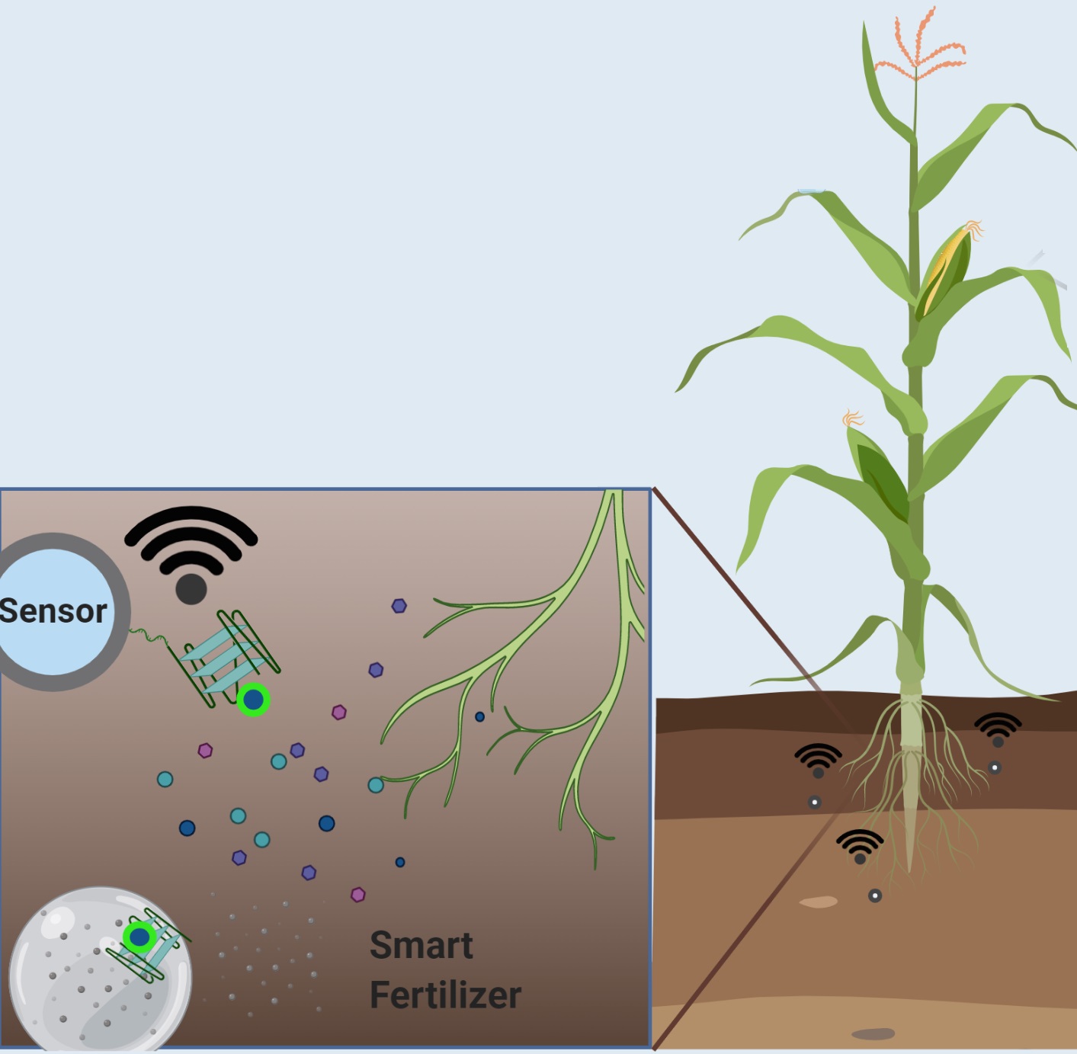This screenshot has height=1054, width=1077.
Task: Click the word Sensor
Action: tap(53, 611)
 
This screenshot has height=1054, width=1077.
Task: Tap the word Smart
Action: tap(422, 946)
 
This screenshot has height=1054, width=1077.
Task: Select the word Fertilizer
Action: tap(445, 995)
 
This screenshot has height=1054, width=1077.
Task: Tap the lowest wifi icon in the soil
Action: tap(860, 845)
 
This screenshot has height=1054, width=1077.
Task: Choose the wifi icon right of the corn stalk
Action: tap(998, 728)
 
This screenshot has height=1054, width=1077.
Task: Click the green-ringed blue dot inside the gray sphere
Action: tap(139, 937)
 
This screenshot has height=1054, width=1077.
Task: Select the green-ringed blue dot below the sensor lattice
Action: tap(253, 700)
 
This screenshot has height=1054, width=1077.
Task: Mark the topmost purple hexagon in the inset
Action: tap(399, 607)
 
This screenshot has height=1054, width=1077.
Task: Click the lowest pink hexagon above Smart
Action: tap(357, 895)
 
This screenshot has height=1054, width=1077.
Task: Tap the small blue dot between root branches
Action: tap(479, 716)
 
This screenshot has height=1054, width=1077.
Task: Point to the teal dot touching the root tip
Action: tap(376, 785)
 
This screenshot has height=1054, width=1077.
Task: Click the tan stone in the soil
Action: tap(818, 902)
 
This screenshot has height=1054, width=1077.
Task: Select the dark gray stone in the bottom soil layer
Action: tap(873, 1034)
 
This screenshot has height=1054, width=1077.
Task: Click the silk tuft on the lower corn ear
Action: tap(852, 418)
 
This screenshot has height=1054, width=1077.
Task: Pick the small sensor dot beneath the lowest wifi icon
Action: tap(875, 895)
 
